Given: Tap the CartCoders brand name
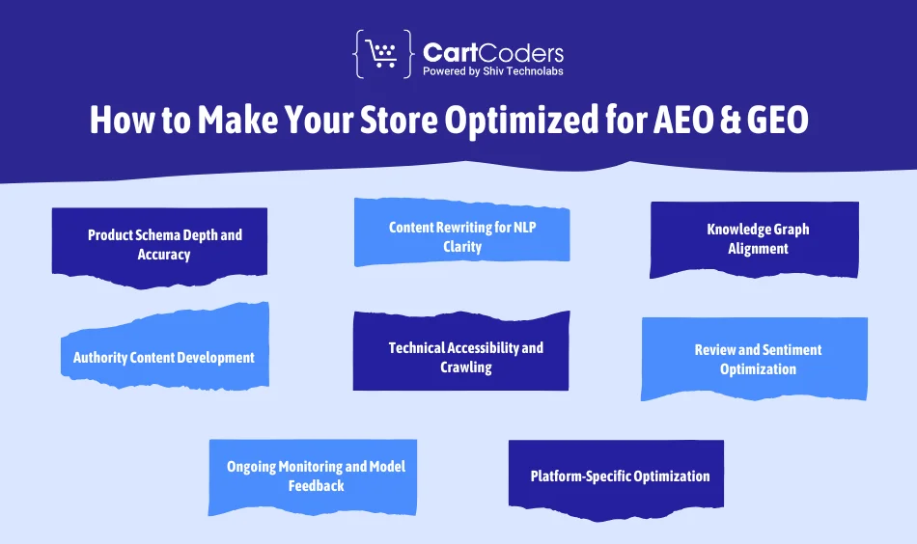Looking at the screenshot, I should (492, 52).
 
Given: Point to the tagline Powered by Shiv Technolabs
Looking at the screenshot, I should (492, 70).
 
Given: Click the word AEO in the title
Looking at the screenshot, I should (690, 121).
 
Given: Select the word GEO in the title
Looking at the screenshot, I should (788, 121).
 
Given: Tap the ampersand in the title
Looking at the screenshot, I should (737, 121).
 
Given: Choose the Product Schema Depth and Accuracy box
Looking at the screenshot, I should (160, 245).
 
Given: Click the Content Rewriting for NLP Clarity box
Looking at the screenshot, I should (461, 236).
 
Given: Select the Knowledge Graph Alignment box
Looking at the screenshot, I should (756, 239).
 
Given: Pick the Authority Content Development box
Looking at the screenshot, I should (164, 357).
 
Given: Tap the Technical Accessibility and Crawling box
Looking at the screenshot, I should (461, 356).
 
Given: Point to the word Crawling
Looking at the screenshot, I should (466, 367).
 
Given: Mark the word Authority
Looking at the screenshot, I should (101, 357).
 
